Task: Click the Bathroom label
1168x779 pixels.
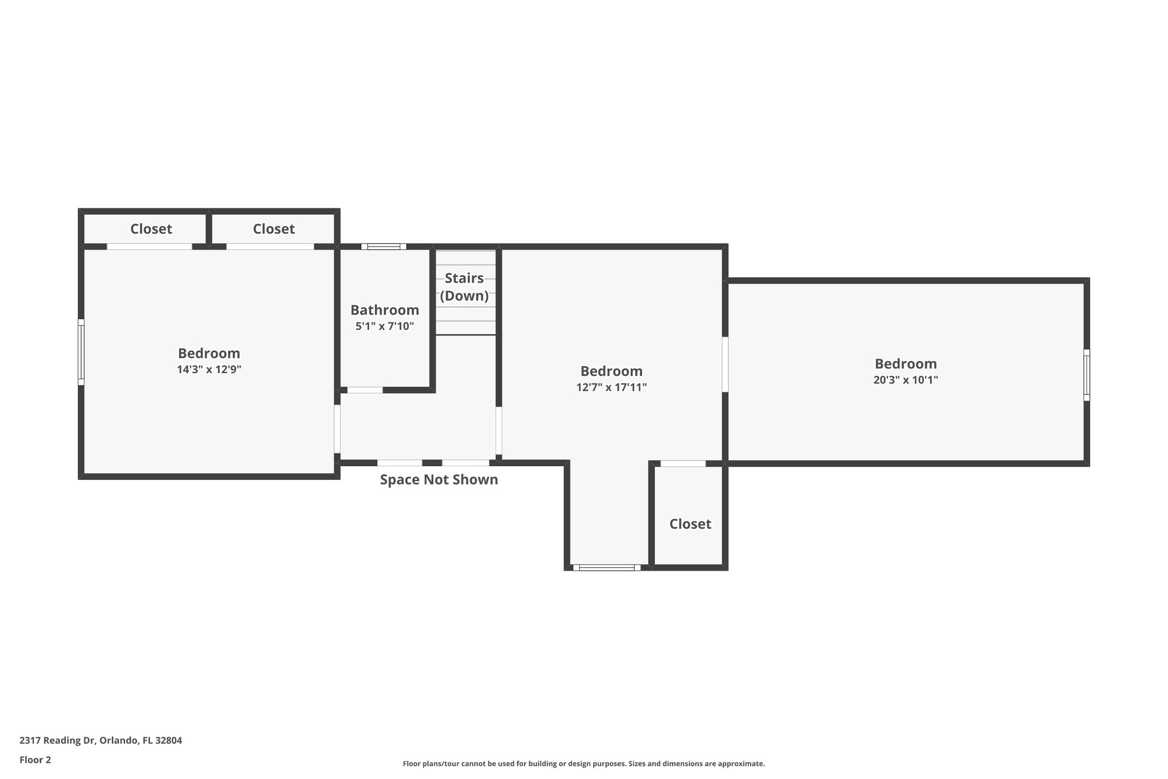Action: [384, 310]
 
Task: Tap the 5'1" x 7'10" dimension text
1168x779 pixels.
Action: [384, 326]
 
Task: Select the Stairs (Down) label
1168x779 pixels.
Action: [464, 287]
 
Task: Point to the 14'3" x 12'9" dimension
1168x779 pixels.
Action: [209, 369]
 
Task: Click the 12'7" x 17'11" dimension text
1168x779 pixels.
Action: [611, 388]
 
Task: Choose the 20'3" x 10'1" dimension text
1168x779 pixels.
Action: [906, 380]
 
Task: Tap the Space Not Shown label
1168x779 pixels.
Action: [439, 480]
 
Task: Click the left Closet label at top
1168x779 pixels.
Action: [151, 229]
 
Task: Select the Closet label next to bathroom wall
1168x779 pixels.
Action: [274, 229]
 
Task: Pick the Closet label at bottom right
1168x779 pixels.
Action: [690, 524]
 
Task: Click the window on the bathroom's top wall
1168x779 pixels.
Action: [384, 247]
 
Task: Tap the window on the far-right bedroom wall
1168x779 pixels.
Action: [1086, 375]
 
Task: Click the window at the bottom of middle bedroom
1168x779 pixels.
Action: [607, 567]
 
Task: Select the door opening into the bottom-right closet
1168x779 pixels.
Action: [683, 463]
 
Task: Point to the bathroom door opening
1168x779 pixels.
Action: [365, 390]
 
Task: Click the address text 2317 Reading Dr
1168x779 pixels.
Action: [100, 740]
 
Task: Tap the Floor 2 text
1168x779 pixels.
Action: [35, 760]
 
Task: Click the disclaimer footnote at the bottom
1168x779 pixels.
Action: [583, 764]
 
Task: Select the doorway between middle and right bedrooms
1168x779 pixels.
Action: [725, 364]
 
